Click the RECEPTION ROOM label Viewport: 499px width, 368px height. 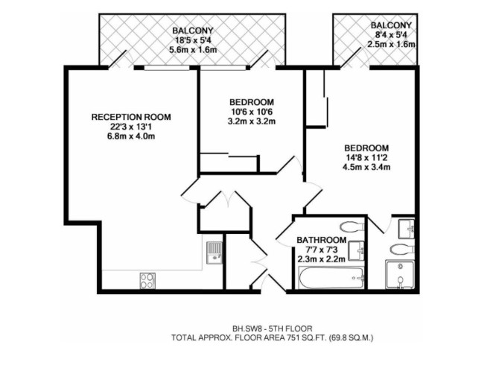[131, 117]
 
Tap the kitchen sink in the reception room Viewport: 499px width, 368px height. [214, 253]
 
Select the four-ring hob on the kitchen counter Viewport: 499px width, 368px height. [147, 281]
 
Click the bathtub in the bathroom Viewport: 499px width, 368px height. [331, 278]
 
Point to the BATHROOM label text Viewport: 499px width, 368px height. [322, 240]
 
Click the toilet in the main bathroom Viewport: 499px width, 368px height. [352, 227]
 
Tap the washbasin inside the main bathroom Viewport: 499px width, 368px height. [357, 251]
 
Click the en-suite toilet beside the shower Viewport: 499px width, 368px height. [402, 250]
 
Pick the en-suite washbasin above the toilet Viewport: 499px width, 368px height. [407, 228]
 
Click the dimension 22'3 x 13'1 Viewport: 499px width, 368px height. [131, 127]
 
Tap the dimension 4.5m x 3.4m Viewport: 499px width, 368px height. [366, 167]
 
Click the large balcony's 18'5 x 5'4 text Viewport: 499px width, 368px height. [193, 40]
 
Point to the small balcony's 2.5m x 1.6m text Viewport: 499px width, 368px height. [391, 44]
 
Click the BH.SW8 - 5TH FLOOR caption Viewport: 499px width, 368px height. [273, 329]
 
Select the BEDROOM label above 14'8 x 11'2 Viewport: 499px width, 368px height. [366, 148]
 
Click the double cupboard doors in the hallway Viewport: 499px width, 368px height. [229, 199]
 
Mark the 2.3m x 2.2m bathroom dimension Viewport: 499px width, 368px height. [322, 259]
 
